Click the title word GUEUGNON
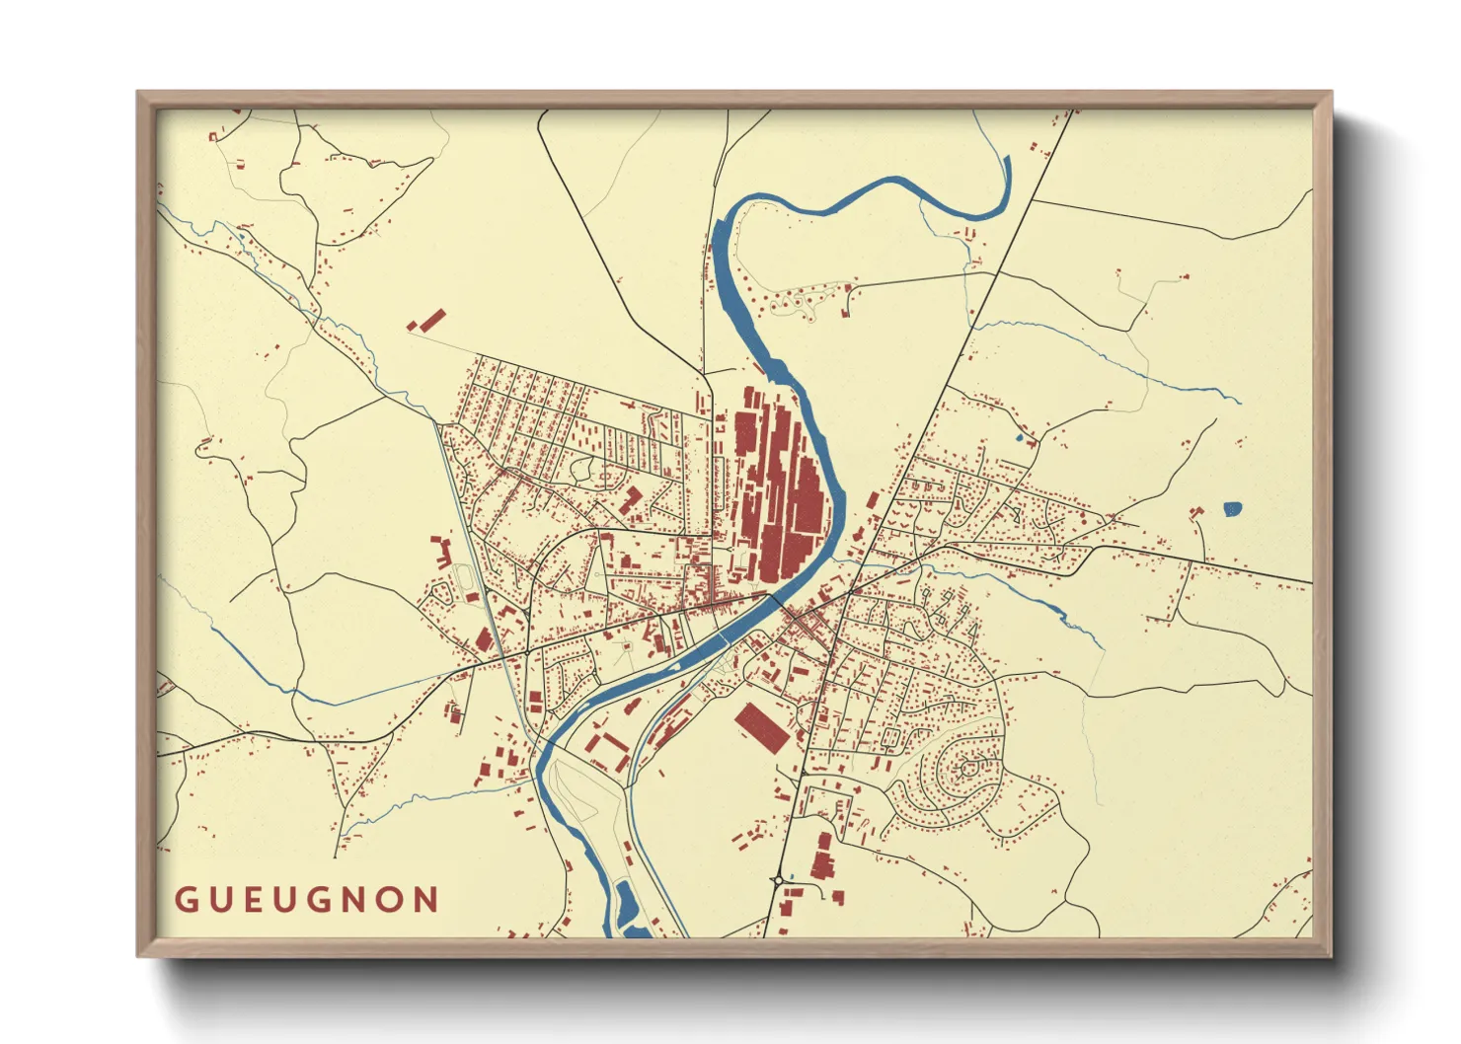[307, 900]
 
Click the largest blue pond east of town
[1232, 509]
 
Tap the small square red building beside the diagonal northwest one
[413, 325]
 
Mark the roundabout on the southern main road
[778, 878]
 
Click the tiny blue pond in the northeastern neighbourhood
[1018, 436]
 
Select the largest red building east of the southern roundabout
[822, 856]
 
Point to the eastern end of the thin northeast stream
[1239, 402]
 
